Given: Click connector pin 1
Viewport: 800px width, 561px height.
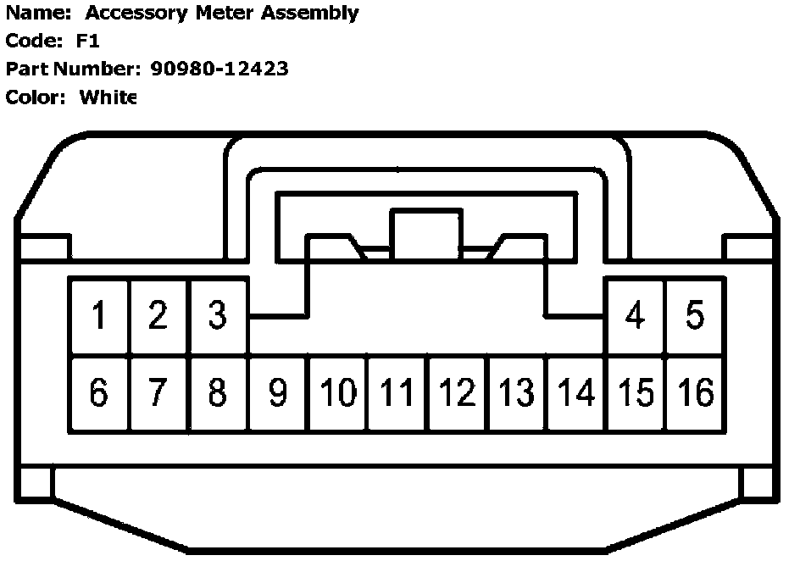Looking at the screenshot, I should click(x=100, y=315).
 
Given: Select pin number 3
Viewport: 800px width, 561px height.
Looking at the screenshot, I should click(x=218, y=315).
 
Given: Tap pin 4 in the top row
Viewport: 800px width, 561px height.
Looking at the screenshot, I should click(x=634, y=315).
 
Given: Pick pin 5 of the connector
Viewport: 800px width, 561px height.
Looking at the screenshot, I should click(x=694, y=315).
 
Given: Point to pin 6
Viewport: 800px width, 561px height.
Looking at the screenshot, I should click(x=99, y=392).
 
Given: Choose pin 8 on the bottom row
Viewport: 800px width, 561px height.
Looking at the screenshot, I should click(x=218, y=392).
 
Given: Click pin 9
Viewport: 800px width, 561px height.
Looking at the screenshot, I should click(x=277, y=392).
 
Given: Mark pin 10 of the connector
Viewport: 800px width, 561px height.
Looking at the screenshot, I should click(x=337, y=392).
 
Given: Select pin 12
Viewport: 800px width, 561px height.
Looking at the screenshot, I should click(x=457, y=392).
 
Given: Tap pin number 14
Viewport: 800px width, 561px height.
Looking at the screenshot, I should click(x=576, y=392).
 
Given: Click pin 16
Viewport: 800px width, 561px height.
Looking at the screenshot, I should click(x=695, y=392).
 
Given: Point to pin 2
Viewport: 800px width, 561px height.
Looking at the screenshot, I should click(x=158, y=315).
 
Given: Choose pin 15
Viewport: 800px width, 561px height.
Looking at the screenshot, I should click(x=636, y=392).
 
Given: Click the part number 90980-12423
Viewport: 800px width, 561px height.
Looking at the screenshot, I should click(x=225, y=69).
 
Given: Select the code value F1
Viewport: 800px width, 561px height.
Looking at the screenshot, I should click(x=87, y=42).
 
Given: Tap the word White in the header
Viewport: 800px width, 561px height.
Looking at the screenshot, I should click(x=108, y=97).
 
